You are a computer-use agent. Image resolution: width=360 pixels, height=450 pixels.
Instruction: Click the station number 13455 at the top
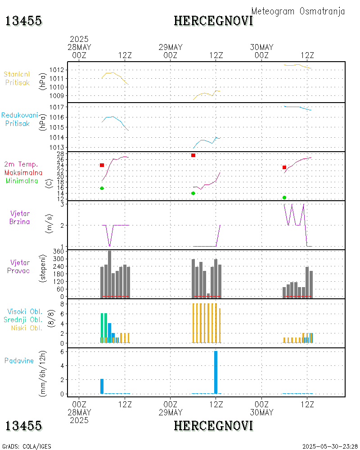(23, 21)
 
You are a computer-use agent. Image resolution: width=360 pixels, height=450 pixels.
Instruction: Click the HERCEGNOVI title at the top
(213, 21)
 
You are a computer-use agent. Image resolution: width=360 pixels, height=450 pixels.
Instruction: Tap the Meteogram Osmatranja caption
(298, 11)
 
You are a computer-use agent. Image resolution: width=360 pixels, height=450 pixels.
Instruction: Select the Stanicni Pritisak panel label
(18, 78)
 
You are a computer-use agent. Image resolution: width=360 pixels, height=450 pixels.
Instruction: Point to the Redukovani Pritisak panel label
(19, 119)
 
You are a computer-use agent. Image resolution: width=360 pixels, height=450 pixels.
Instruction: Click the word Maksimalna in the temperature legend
(23, 172)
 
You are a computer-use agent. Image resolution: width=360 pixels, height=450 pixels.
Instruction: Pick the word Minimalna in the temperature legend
(22, 181)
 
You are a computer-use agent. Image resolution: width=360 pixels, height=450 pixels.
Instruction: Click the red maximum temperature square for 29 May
(193, 155)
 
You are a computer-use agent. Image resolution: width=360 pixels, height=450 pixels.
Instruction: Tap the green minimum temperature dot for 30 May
(284, 198)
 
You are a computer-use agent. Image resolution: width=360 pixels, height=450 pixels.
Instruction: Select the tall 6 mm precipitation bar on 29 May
(216, 372)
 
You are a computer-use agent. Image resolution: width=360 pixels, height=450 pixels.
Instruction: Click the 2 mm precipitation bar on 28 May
(102, 386)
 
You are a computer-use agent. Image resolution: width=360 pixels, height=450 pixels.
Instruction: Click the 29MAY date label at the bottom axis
(171, 412)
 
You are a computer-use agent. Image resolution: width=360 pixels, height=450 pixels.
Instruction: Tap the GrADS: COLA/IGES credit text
(27, 446)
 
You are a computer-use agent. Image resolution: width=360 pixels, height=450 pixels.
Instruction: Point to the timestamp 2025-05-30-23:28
(330, 446)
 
